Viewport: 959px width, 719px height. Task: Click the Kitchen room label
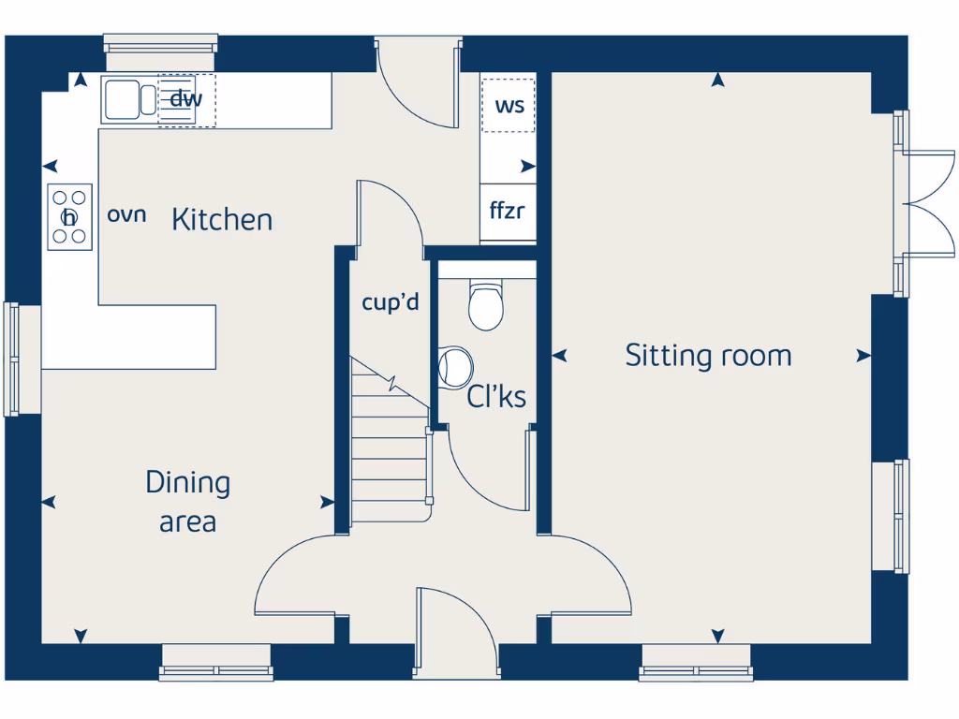(x=222, y=220)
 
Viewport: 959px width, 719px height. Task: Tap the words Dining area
(x=187, y=502)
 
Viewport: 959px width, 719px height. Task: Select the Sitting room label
(x=708, y=356)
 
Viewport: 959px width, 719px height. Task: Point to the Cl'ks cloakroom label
(x=496, y=397)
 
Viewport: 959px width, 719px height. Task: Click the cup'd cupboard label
(x=390, y=303)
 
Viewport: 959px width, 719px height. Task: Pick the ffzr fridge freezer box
(x=508, y=212)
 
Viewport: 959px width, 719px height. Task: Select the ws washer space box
(x=509, y=105)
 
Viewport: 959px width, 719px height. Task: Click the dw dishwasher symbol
(x=186, y=100)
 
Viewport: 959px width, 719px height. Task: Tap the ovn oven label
(x=126, y=214)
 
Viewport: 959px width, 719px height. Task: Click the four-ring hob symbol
(x=69, y=216)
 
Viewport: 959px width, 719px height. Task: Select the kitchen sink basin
(x=121, y=100)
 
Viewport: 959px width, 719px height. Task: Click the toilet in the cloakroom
(x=485, y=304)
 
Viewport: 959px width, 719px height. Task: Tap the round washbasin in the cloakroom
(x=455, y=367)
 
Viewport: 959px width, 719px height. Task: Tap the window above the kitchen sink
(x=160, y=44)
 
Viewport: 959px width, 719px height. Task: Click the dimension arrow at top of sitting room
(x=717, y=81)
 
